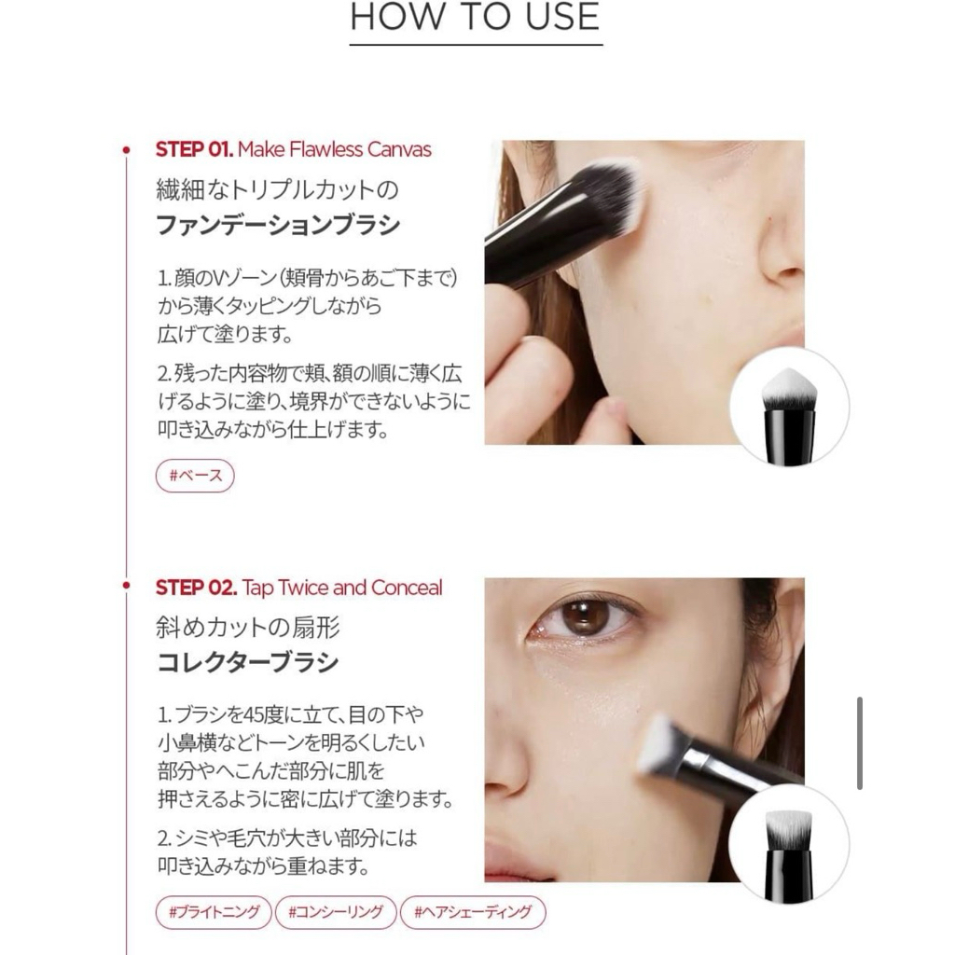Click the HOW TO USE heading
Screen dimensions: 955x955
pos(475,17)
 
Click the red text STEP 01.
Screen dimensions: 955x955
pos(194,149)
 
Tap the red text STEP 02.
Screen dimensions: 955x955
pos(196,588)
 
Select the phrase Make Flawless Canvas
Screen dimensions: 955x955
pos(335,149)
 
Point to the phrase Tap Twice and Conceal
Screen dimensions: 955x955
pos(342,588)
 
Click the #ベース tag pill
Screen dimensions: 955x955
pos(195,476)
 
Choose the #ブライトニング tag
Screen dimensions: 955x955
pos(214,912)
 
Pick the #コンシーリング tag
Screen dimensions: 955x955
pos(336,912)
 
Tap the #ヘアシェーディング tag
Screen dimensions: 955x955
pos(473,912)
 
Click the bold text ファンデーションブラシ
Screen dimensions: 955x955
pos(278,225)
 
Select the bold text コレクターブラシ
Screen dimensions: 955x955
pos(248,662)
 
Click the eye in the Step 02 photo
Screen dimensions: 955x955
pos(583,617)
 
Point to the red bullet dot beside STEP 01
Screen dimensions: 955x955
pos(126,149)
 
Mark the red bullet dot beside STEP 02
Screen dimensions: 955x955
pos(126,586)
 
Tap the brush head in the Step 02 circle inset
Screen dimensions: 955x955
pos(789,829)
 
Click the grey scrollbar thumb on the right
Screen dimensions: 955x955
pos(859,743)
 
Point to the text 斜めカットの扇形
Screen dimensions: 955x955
pos(248,628)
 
